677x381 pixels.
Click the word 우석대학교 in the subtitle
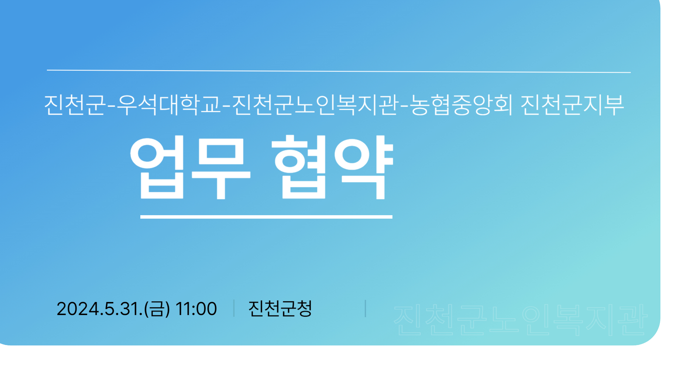(168, 105)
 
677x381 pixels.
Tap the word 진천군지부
(572, 105)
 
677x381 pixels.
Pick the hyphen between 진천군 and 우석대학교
(111, 105)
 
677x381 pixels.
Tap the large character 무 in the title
(221, 168)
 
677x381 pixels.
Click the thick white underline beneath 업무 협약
(266, 217)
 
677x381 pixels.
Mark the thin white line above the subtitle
(339, 71)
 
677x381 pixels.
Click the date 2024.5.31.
(99, 309)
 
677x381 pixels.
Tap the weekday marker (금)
(157, 309)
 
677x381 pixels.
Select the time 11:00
(196, 309)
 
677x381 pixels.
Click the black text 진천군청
(280, 309)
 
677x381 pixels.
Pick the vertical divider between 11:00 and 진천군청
(234, 308)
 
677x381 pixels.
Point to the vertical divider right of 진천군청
(365, 308)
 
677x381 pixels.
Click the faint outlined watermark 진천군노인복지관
(520, 320)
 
